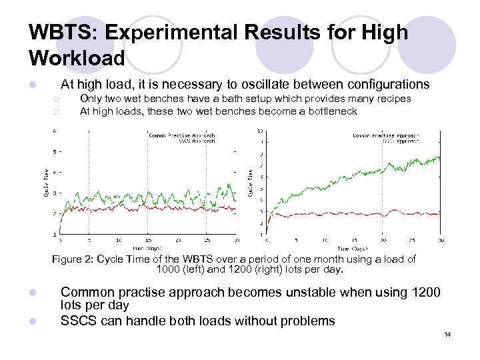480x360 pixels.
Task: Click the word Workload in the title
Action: pos(77,59)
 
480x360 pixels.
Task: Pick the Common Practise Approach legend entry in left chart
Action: pos(181,135)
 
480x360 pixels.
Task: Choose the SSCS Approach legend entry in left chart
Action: pos(196,141)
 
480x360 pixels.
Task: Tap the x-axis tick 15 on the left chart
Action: pos(148,240)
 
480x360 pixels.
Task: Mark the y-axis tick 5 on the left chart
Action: pos(55,151)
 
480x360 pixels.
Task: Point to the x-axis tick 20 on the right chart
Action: pos(382,240)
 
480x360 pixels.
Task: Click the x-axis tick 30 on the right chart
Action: pos(440,240)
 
